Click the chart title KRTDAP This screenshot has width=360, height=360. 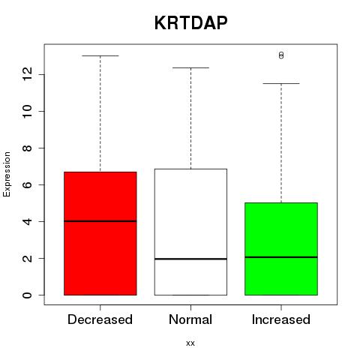coord(190,23)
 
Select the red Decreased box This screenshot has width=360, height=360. coord(100,233)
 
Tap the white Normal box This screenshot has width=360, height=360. coord(190,232)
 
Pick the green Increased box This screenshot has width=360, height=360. coord(281,249)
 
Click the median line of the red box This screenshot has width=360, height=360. coord(100,221)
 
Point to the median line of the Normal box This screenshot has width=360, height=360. coord(190,259)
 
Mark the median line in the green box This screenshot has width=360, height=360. coord(281,257)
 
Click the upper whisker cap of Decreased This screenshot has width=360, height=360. coord(100,55)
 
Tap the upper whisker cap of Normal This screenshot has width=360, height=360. coord(190,67)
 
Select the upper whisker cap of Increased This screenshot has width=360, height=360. coord(281,83)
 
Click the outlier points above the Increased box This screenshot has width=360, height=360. coord(281,55)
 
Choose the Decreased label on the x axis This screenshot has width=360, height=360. coord(100,319)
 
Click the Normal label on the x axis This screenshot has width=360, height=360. coord(190,319)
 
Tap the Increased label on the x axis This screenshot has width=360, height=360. coord(281,319)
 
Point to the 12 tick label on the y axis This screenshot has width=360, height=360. coord(28,74)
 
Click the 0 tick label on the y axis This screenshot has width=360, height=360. coord(28,295)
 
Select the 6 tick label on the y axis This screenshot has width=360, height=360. coord(28,184)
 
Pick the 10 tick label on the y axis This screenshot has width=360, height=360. coord(28,111)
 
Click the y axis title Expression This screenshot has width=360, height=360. coord(7,174)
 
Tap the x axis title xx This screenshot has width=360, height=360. coord(190,343)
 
